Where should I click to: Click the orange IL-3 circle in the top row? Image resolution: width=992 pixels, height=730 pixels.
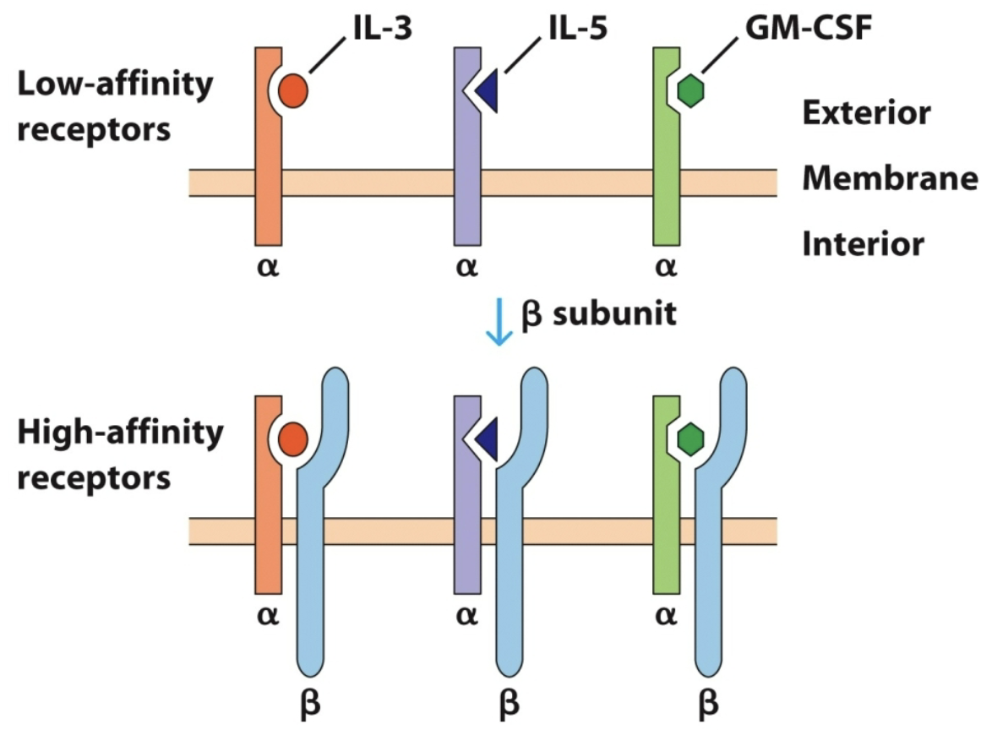(x=293, y=90)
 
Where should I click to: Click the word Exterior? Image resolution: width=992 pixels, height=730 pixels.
(x=866, y=112)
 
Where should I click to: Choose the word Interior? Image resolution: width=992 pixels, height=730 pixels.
(x=862, y=244)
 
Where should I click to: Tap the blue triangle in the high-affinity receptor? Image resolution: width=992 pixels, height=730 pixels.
(x=487, y=439)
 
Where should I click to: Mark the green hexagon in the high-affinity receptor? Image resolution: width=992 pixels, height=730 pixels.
(x=691, y=439)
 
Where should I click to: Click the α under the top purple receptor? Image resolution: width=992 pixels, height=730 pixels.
(x=466, y=268)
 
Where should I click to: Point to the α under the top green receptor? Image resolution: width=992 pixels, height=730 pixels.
(x=667, y=268)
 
